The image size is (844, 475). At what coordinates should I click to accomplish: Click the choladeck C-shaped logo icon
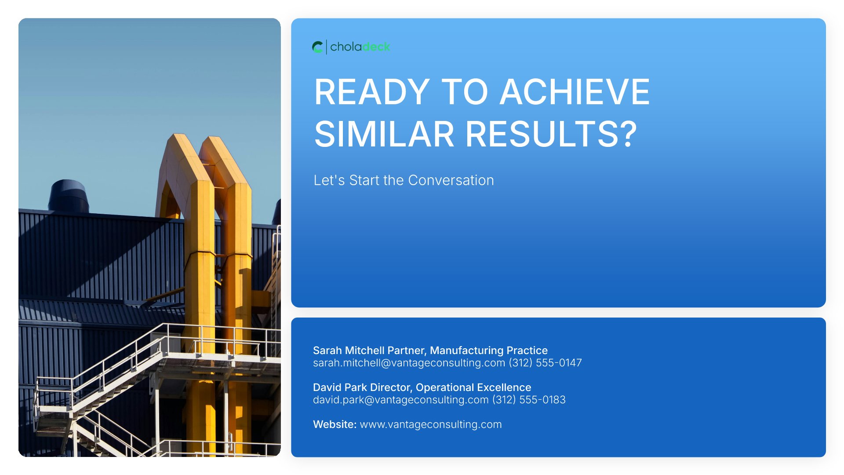[x=317, y=47]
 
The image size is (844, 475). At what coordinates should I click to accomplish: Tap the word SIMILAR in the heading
[x=384, y=134]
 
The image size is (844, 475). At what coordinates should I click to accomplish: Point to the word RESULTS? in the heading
[x=551, y=134]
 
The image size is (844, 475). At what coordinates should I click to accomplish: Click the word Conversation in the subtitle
[x=451, y=180]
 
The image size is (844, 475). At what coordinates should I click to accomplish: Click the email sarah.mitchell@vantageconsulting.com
[x=409, y=363]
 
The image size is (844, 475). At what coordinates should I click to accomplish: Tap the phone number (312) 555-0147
[x=546, y=363]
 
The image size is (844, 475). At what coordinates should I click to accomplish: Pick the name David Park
[x=341, y=387]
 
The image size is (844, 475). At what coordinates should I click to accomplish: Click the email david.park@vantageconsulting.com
[x=401, y=400]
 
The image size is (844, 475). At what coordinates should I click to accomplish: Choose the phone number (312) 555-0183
[x=529, y=400]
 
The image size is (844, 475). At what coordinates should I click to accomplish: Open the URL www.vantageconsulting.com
[x=431, y=424]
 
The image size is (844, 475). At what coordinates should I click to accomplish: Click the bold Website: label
[x=335, y=424]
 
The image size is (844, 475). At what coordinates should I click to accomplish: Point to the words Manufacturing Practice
[x=489, y=351]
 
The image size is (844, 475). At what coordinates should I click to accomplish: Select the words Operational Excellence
[x=473, y=387]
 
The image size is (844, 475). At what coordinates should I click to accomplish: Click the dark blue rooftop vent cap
[x=68, y=196]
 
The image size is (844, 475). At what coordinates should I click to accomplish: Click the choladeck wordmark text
[x=360, y=47]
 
